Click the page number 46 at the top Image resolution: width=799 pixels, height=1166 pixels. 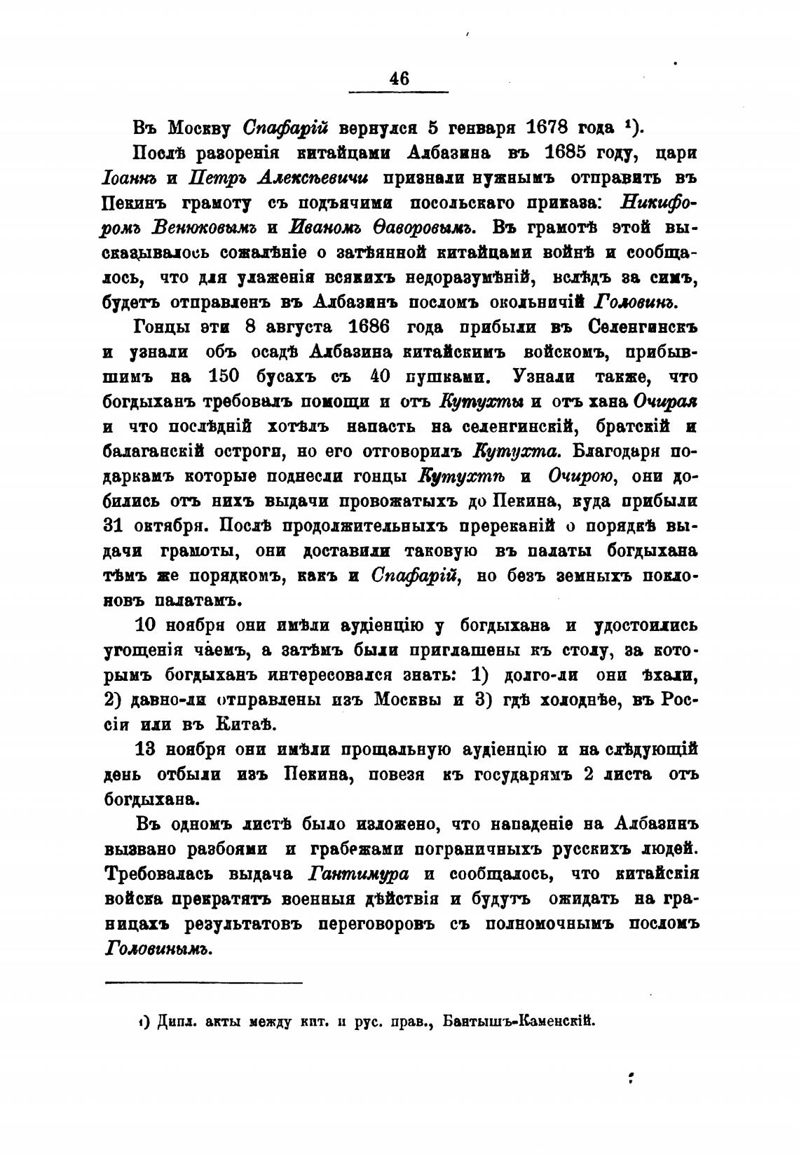coord(398,79)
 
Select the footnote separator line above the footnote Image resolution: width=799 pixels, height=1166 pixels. coord(203,983)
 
